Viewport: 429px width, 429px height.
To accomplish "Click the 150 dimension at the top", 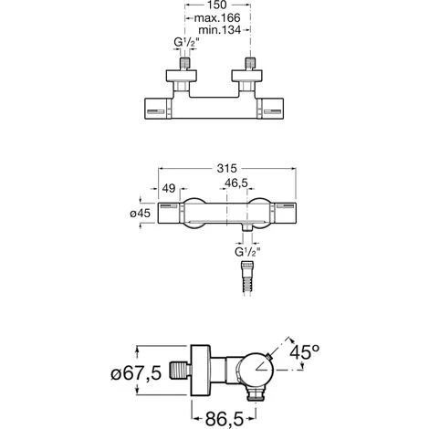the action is coord(218,5).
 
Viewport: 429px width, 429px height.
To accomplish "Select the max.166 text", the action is coord(217,18).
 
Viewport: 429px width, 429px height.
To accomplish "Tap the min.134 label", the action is coord(220,30).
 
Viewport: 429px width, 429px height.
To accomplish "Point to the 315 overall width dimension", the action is coord(226,168).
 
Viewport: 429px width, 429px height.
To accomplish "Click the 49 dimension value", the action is coord(169,189).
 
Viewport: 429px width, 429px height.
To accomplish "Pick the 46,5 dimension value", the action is coord(236,183).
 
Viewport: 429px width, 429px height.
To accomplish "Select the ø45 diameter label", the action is coord(141,214).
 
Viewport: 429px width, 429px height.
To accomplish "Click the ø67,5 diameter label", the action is coord(136,373).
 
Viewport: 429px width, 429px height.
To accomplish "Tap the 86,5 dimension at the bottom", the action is coord(225,419).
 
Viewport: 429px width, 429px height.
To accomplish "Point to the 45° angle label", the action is coord(304,352).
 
